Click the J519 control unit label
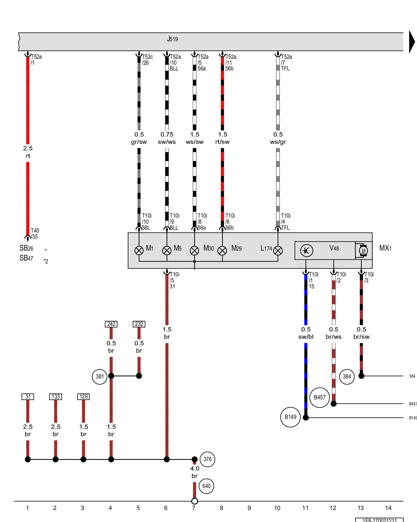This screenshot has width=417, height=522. (x=172, y=39)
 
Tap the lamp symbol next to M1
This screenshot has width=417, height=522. (x=139, y=251)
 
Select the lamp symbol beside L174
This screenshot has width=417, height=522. (x=278, y=251)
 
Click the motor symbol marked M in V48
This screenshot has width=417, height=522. (x=363, y=251)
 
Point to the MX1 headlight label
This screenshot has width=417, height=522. (x=385, y=248)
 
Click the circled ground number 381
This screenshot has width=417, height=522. (x=100, y=376)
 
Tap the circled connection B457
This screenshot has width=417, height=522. (x=320, y=397)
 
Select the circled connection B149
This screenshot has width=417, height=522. (x=290, y=417)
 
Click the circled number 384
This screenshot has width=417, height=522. (x=347, y=376)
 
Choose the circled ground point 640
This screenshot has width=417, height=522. (x=206, y=486)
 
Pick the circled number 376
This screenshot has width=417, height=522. (x=207, y=459)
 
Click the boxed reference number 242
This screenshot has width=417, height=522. (x=111, y=324)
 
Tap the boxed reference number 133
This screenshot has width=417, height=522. (x=56, y=396)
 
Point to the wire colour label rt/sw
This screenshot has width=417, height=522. (x=222, y=142)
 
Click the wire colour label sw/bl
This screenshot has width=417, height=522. (x=306, y=337)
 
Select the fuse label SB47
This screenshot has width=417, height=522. (x=26, y=258)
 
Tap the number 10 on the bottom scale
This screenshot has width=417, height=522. (x=277, y=508)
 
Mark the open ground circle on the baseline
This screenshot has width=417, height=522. (x=194, y=501)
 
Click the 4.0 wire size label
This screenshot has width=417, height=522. (x=194, y=468)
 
